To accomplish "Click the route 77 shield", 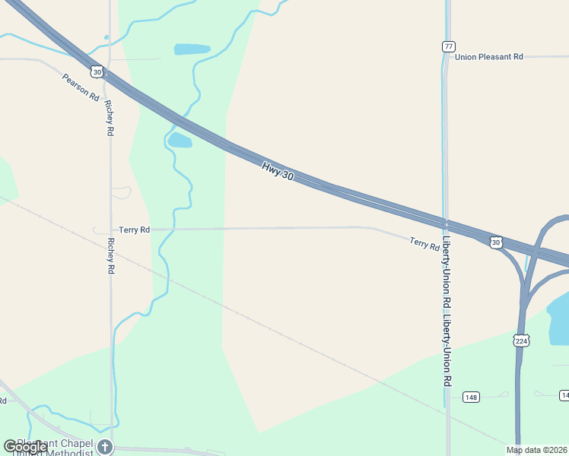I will (x=448, y=47).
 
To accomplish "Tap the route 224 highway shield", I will (x=521, y=340).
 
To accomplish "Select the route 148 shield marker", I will (x=472, y=397).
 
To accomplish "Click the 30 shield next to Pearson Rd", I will (x=96, y=71).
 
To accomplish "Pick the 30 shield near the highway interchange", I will (x=496, y=242).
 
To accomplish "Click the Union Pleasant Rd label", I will (x=490, y=56).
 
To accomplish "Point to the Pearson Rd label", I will (x=81, y=87).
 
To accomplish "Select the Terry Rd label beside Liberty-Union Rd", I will (x=424, y=243).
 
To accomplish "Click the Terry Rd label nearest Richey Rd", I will (x=134, y=230).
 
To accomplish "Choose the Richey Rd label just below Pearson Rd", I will (x=110, y=118).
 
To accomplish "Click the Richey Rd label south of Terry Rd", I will (x=111, y=255).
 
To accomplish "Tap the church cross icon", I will (x=105, y=447).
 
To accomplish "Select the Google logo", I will (x=24, y=447).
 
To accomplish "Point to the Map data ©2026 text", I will (x=536, y=450).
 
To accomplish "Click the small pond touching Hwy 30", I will (x=180, y=141).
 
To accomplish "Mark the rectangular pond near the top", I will (x=192, y=49).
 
